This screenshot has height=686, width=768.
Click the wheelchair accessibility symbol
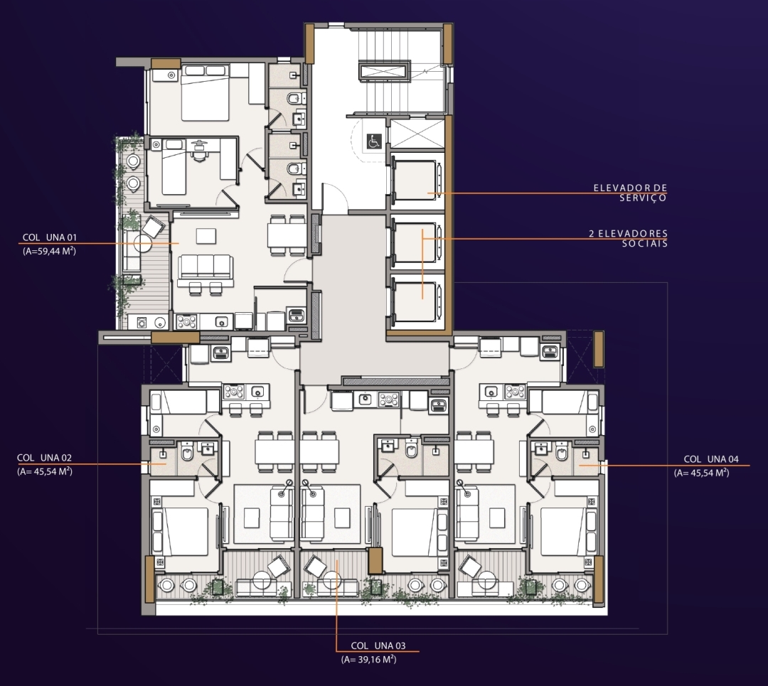pyautogui.click(x=374, y=141)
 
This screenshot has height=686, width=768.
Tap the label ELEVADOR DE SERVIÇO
pyautogui.click(x=630, y=193)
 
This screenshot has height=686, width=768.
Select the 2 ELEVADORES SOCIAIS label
pyautogui.click(x=629, y=238)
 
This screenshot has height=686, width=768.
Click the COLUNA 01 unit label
pyautogui.click(x=50, y=237)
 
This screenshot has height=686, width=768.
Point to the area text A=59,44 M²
pyautogui.click(x=50, y=251)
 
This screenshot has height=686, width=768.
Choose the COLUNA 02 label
pyautogui.click(x=44, y=458)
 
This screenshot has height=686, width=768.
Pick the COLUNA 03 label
pyautogui.click(x=378, y=646)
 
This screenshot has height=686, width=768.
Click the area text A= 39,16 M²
pyautogui.click(x=369, y=660)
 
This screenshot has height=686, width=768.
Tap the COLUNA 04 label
pyautogui.click(x=711, y=459)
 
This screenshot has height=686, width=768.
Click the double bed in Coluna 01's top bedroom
pyautogui.click(x=206, y=93)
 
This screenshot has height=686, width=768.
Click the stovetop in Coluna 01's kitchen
pyautogui.click(x=186, y=322)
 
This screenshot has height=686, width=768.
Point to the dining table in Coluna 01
pyautogui.click(x=287, y=235)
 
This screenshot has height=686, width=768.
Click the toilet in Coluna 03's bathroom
pyautogui.click(x=411, y=449)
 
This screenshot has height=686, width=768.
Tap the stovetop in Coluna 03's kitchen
pyautogui.click(x=388, y=400)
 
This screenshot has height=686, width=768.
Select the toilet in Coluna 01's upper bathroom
pyautogui.click(x=294, y=100)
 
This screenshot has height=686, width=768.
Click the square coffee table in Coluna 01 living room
pyautogui.click(x=206, y=235)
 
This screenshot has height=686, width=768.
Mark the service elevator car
pyautogui.click(x=415, y=180)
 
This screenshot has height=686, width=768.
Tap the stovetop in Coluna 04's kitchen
pyautogui.click(x=516, y=391)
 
